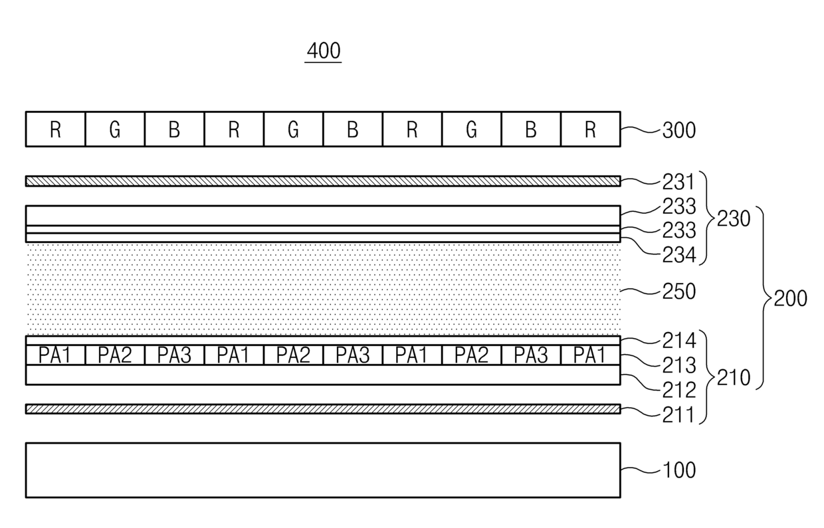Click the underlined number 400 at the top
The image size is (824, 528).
pos(323,51)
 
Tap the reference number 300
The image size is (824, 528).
pos(679,130)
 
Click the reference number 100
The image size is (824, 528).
pos(679,470)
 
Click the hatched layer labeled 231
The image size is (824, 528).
pos(323,181)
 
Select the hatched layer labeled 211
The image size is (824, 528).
pos(323,409)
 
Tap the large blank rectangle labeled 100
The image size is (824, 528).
pos(323,470)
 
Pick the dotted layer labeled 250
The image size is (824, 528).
pos(323,290)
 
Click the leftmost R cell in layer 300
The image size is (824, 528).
pos(56,130)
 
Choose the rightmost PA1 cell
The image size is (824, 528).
pos(590,355)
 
